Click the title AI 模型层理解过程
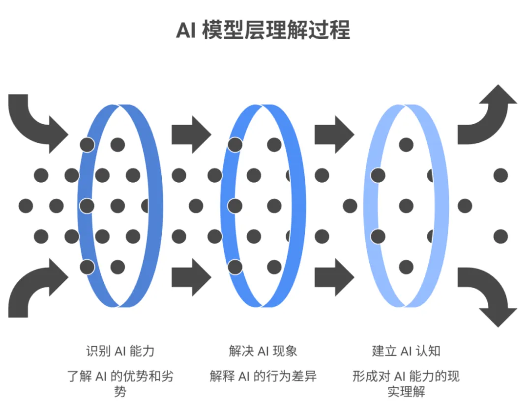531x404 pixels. tap(263, 30)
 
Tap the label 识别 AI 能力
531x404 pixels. tap(120, 351)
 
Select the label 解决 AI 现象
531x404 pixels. tap(263, 351)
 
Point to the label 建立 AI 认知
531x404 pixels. tap(406, 351)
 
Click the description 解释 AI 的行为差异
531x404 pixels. tap(263, 377)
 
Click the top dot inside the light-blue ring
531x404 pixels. tap(406, 145)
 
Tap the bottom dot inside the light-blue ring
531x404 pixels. tap(406, 267)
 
